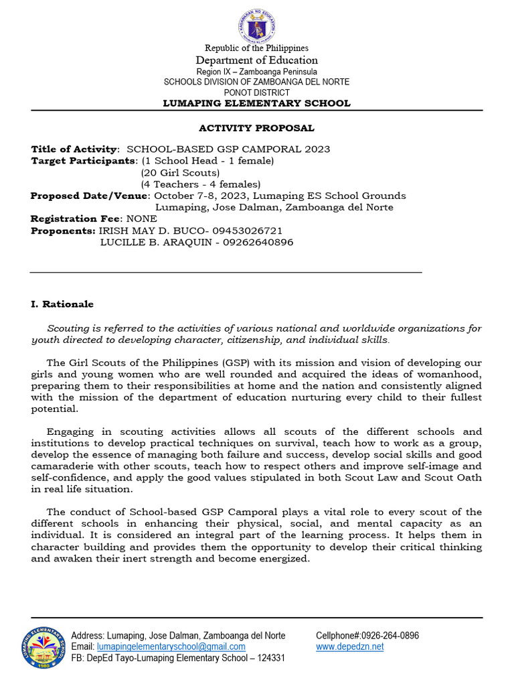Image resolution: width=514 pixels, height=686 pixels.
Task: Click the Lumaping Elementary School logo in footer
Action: (44, 647)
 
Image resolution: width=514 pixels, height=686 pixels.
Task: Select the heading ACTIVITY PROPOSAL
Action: (256, 128)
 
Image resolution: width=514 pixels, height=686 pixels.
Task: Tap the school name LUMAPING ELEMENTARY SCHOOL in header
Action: (257, 103)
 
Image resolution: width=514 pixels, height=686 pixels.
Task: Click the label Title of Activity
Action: (74, 149)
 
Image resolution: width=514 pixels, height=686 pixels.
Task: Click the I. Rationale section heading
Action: (62, 304)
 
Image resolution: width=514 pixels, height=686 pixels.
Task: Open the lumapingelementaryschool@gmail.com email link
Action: (171, 646)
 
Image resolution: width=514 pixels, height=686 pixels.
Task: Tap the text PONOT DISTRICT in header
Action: (257, 92)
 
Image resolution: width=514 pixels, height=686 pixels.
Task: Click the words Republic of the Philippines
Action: (257, 48)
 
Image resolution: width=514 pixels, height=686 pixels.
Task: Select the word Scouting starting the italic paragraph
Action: (68, 328)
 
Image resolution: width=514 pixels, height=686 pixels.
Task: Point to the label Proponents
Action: (63, 230)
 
